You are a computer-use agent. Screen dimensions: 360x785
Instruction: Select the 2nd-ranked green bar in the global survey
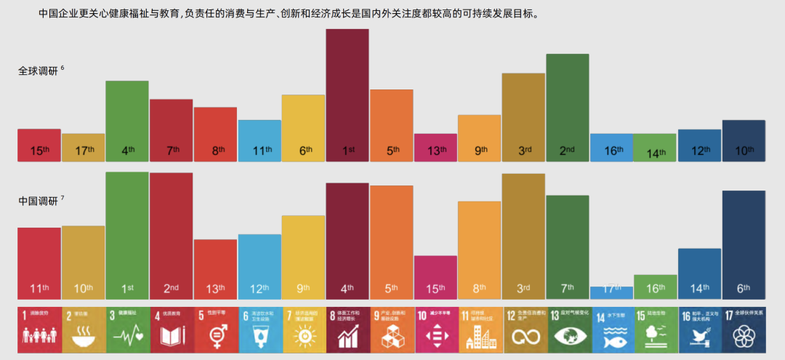click(568, 102)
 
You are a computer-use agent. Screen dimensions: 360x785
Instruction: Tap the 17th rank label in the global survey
click(84, 151)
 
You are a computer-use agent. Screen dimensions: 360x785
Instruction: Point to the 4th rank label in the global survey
click(127, 151)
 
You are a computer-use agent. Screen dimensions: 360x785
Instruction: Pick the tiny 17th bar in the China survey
click(611, 292)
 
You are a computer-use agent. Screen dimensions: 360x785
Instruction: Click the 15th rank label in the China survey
click(435, 289)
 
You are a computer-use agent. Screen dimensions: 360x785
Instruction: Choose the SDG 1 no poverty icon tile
click(39, 328)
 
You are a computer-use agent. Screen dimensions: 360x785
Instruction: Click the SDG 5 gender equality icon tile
click(215, 328)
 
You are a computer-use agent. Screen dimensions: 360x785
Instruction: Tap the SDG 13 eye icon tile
click(568, 328)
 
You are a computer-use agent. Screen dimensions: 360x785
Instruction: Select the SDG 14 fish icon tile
click(611, 328)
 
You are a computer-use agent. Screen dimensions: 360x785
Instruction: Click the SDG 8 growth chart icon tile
click(347, 328)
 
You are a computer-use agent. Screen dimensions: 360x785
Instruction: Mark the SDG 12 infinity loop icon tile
click(523, 328)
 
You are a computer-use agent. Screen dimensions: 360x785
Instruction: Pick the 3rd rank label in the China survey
click(523, 289)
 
